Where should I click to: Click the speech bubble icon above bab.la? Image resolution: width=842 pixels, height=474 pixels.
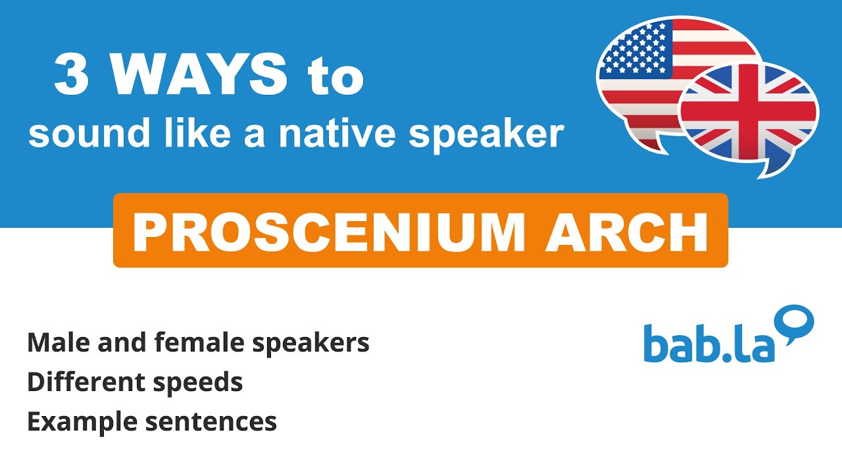coord(795,323)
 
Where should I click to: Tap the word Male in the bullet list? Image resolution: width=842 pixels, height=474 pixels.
coord(55,342)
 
